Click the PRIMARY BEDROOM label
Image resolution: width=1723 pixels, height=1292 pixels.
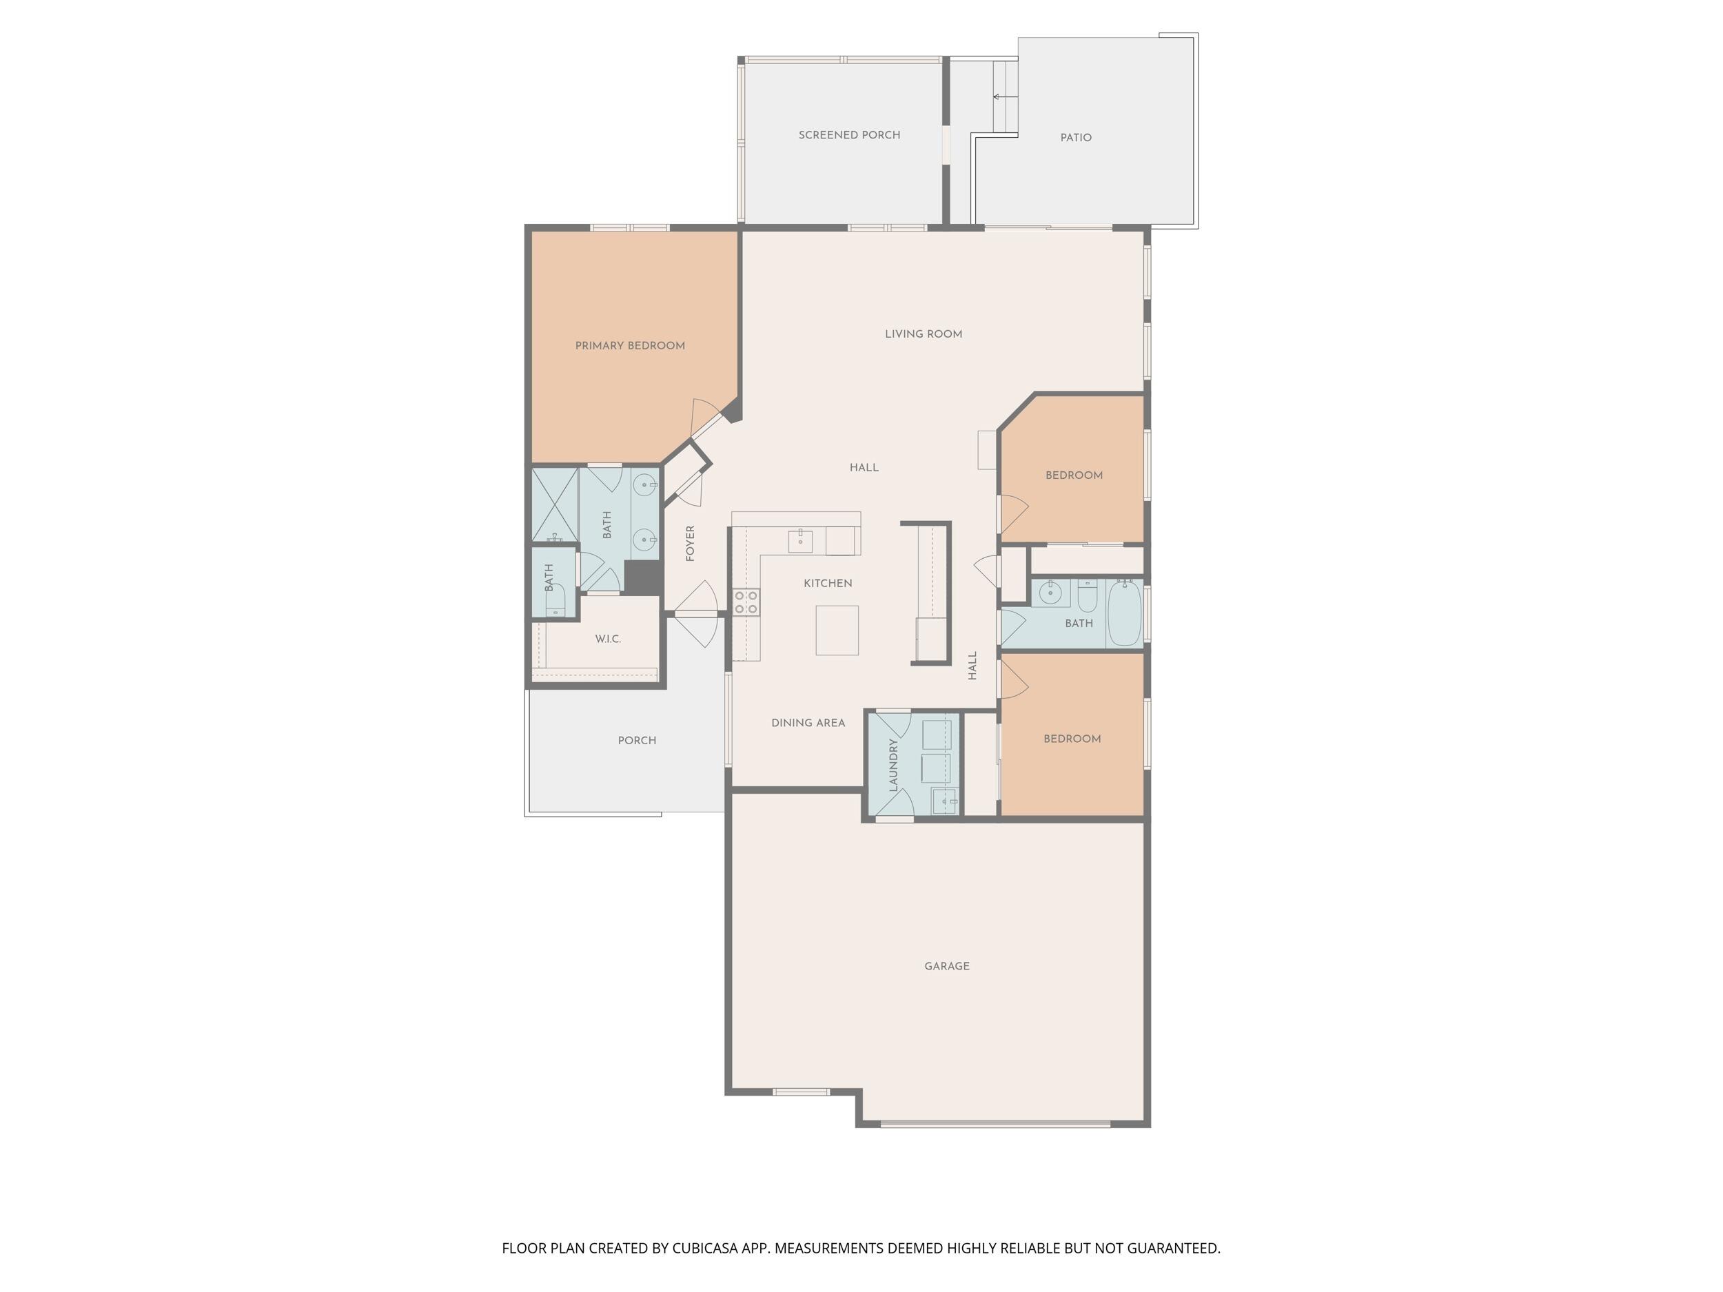(x=630, y=346)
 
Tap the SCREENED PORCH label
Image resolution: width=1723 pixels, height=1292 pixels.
(x=849, y=135)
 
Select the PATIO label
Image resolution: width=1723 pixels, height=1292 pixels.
(x=1076, y=138)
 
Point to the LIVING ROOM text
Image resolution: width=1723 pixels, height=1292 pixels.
(x=923, y=334)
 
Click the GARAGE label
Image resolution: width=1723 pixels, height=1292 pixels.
(x=947, y=967)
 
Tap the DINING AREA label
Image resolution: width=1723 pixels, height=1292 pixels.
(x=808, y=724)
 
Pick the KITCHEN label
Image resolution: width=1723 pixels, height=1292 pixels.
(x=828, y=584)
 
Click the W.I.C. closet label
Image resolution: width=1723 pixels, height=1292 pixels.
(x=608, y=639)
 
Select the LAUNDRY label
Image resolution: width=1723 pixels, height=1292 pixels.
(x=893, y=766)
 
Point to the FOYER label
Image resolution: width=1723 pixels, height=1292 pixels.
(x=690, y=544)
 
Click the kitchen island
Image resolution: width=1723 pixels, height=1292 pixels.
(x=837, y=630)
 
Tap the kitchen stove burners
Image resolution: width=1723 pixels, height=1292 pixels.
(x=746, y=602)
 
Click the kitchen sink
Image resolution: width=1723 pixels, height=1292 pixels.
(x=800, y=540)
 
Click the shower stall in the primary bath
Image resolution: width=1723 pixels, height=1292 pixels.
(x=555, y=504)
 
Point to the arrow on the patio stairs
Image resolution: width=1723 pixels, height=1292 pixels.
(x=1005, y=97)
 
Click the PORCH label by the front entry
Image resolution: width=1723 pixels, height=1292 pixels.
(x=638, y=741)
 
